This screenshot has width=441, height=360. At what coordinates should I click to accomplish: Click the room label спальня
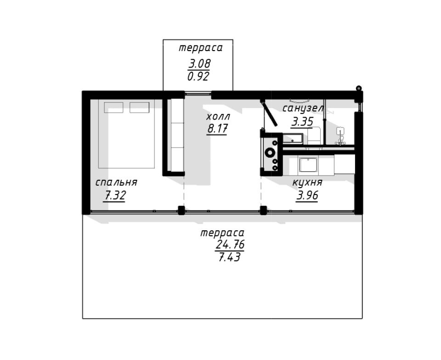[x=116, y=183]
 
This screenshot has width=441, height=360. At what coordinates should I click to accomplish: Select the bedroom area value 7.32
[x=114, y=195]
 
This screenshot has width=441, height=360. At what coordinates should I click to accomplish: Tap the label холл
[x=218, y=116]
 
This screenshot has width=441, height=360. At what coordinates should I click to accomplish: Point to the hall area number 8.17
[x=217, y=129]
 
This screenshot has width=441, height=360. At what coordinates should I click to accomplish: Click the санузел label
[x=303, y=109]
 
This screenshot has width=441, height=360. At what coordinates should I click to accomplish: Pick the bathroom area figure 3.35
[x=302, y=121]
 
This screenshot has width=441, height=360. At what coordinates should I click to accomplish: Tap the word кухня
[x=307, y=183]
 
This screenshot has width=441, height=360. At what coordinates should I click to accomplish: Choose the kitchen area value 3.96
[x=307, y=195]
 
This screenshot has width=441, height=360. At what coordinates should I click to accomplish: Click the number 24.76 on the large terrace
[x=230, y=244]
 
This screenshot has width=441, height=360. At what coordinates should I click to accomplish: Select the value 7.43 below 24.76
[x=229, y=257]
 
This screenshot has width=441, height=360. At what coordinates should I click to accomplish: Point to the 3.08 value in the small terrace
[x=199, y=63]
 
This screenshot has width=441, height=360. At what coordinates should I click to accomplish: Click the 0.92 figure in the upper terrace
[x=198, y=76]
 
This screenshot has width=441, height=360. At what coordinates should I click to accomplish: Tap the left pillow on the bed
[x=113, y=108]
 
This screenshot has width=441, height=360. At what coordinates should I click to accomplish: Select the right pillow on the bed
[x=139, y=108]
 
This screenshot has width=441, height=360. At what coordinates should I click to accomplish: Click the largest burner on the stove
[x=270, y=152]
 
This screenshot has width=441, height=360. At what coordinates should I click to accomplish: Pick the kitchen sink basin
[x=308, y=165]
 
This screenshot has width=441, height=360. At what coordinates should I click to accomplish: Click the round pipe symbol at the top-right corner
[x=359, y=88]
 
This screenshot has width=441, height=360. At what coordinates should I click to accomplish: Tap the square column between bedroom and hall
[x=181, y=210]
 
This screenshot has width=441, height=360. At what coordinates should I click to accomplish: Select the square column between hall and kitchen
[x=263, y=210]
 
